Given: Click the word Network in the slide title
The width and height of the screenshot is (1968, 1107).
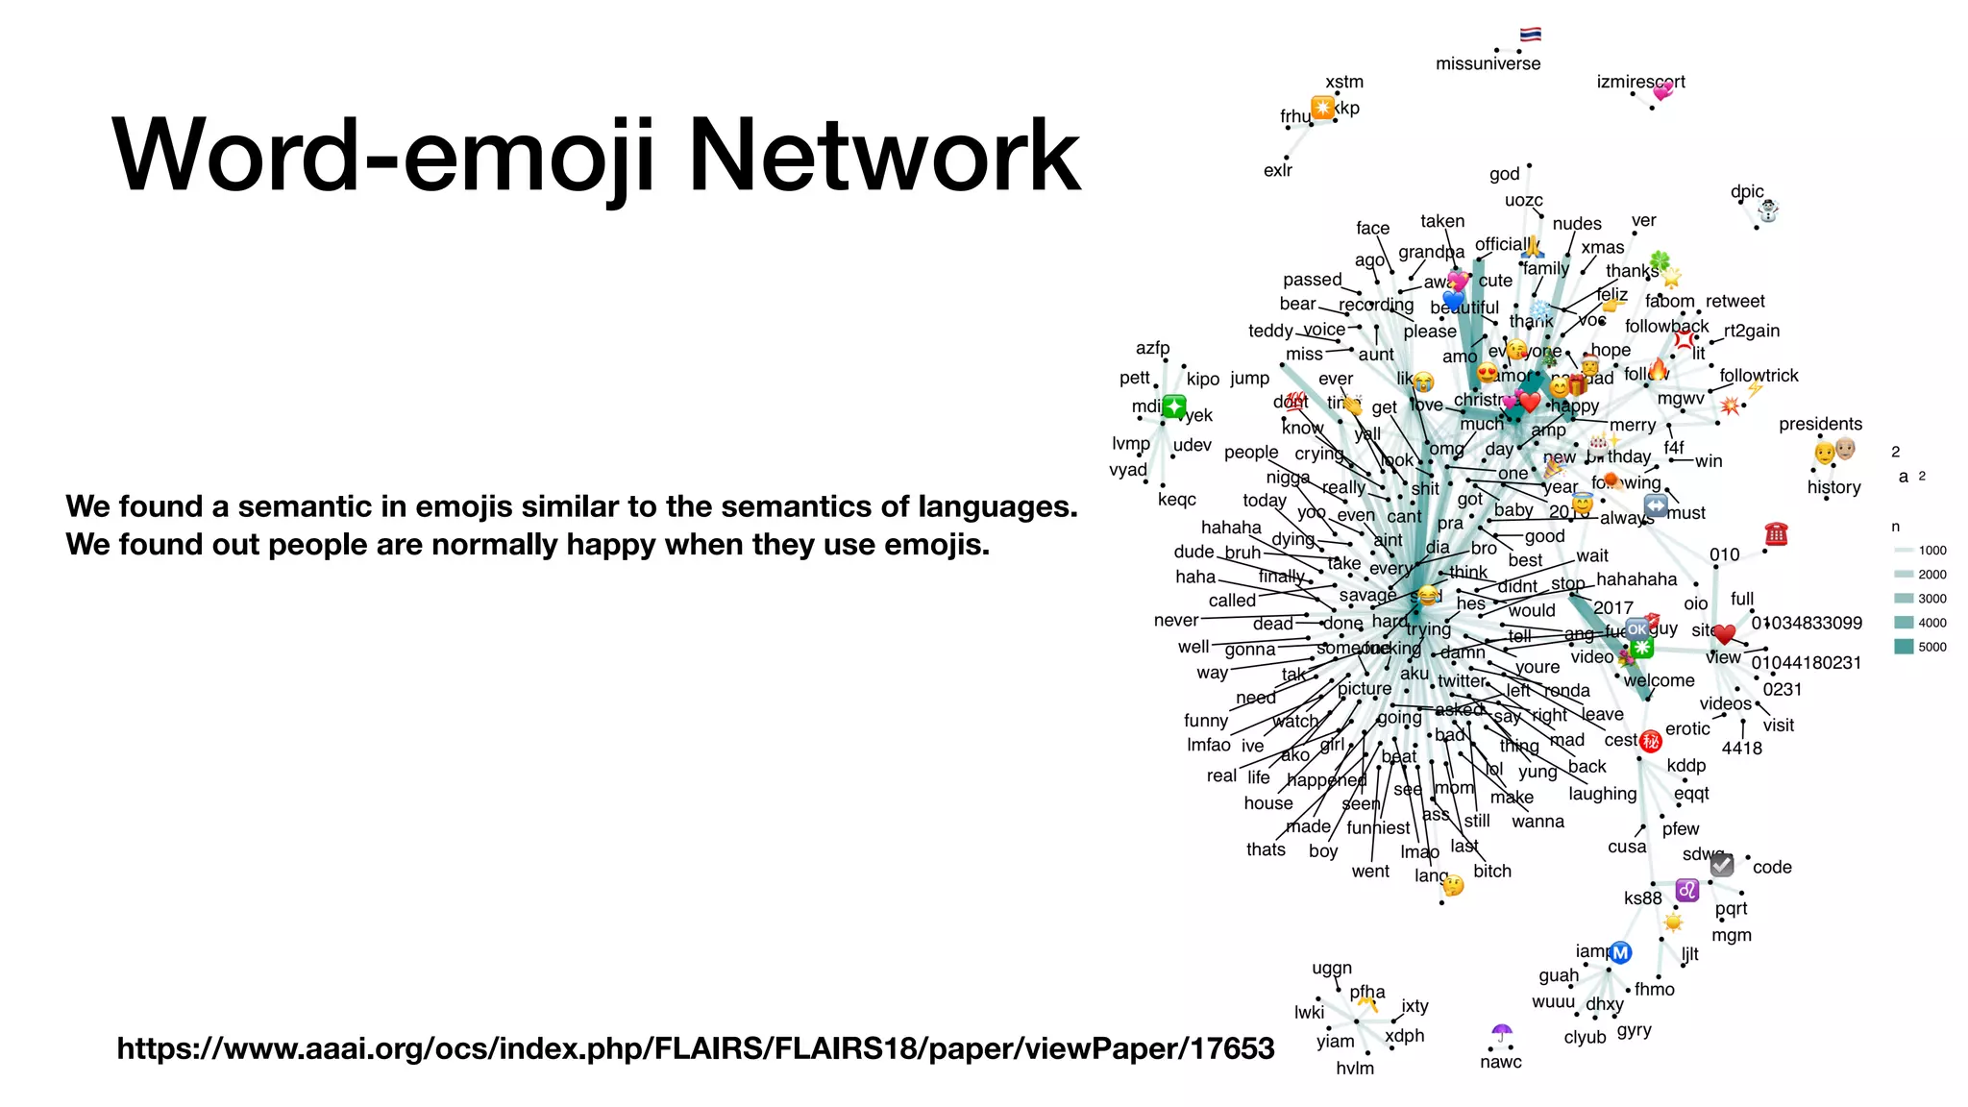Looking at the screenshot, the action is click(x=885, y=156).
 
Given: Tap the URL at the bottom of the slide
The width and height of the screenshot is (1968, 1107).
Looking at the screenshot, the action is click(x=695, y=1047).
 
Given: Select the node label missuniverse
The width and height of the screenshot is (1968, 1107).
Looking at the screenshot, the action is click(x=1488, y=64).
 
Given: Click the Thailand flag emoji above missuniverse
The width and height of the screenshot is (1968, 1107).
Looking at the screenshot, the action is click(x=1531, y=35).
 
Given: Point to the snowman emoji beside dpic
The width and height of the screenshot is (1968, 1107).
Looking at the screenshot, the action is click(x=1768, y=209).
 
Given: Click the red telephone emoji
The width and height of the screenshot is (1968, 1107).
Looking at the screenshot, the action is click(x=1776, y=534).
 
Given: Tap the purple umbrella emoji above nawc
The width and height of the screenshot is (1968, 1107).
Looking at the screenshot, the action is click(x=1502, y=1034).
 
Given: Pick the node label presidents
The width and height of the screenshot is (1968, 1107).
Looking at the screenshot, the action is click(x=1820, y=424).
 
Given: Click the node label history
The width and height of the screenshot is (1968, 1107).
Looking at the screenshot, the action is click(x=1833, y=487).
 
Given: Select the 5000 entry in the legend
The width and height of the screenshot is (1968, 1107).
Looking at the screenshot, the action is click(x=1931, y=647).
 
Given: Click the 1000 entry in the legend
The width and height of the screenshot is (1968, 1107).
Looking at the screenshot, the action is click(x=1931, y=551).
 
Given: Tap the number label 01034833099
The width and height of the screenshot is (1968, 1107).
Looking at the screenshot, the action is click(x=1807, y=623).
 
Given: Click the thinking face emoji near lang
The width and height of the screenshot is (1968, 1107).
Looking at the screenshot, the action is click(x=1453, y=885).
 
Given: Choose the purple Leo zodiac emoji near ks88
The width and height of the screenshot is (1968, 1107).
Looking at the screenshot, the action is click(x=1687, y=891).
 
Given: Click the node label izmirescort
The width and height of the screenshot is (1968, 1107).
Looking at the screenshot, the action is click(x=1640, y=82).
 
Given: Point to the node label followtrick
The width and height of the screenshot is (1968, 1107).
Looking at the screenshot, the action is click(x=1759, y=376).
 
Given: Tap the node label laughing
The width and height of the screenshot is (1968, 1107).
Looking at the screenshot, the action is click(x=1602, y=794).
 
